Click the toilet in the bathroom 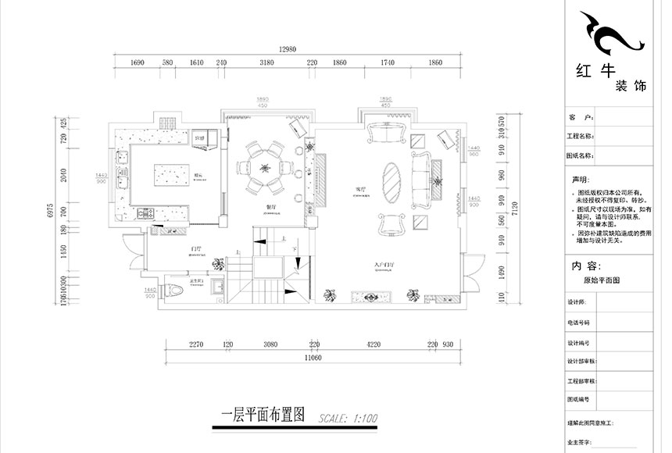tap(179, 291)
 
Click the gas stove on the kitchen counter tap(145, 212)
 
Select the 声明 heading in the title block tap(579, 178)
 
